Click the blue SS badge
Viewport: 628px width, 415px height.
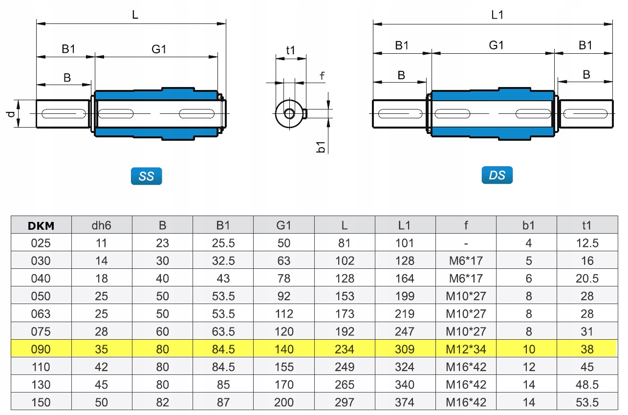(x=146, y=176)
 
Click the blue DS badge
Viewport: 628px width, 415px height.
(x=497, y=175)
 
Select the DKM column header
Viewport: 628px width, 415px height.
(x=41, y=225)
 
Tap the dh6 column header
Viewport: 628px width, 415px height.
(x=102, y=225)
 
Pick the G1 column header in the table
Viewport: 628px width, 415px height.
(x=283, y=225)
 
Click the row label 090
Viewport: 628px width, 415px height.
(x=41, y=349)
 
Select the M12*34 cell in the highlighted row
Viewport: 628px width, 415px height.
(x=466, y=349)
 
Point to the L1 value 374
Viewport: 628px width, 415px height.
(x=405, y=402)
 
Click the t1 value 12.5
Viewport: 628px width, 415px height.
(x=587, y=243)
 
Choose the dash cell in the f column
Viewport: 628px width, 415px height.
(x=466, y=243)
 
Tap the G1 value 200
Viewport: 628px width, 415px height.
(x=283, y=402)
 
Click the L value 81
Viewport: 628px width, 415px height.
(x=345, y=243)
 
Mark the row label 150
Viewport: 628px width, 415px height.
(x=41, y=402)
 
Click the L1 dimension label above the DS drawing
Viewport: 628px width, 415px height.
(x=498, y=15)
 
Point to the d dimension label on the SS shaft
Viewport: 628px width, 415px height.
(x=11, y=114)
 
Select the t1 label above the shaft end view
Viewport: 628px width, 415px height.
(x=290, y=50)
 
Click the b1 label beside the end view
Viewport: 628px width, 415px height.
(x=321, y=146)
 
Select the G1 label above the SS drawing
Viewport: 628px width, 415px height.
(x=159, y=49)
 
